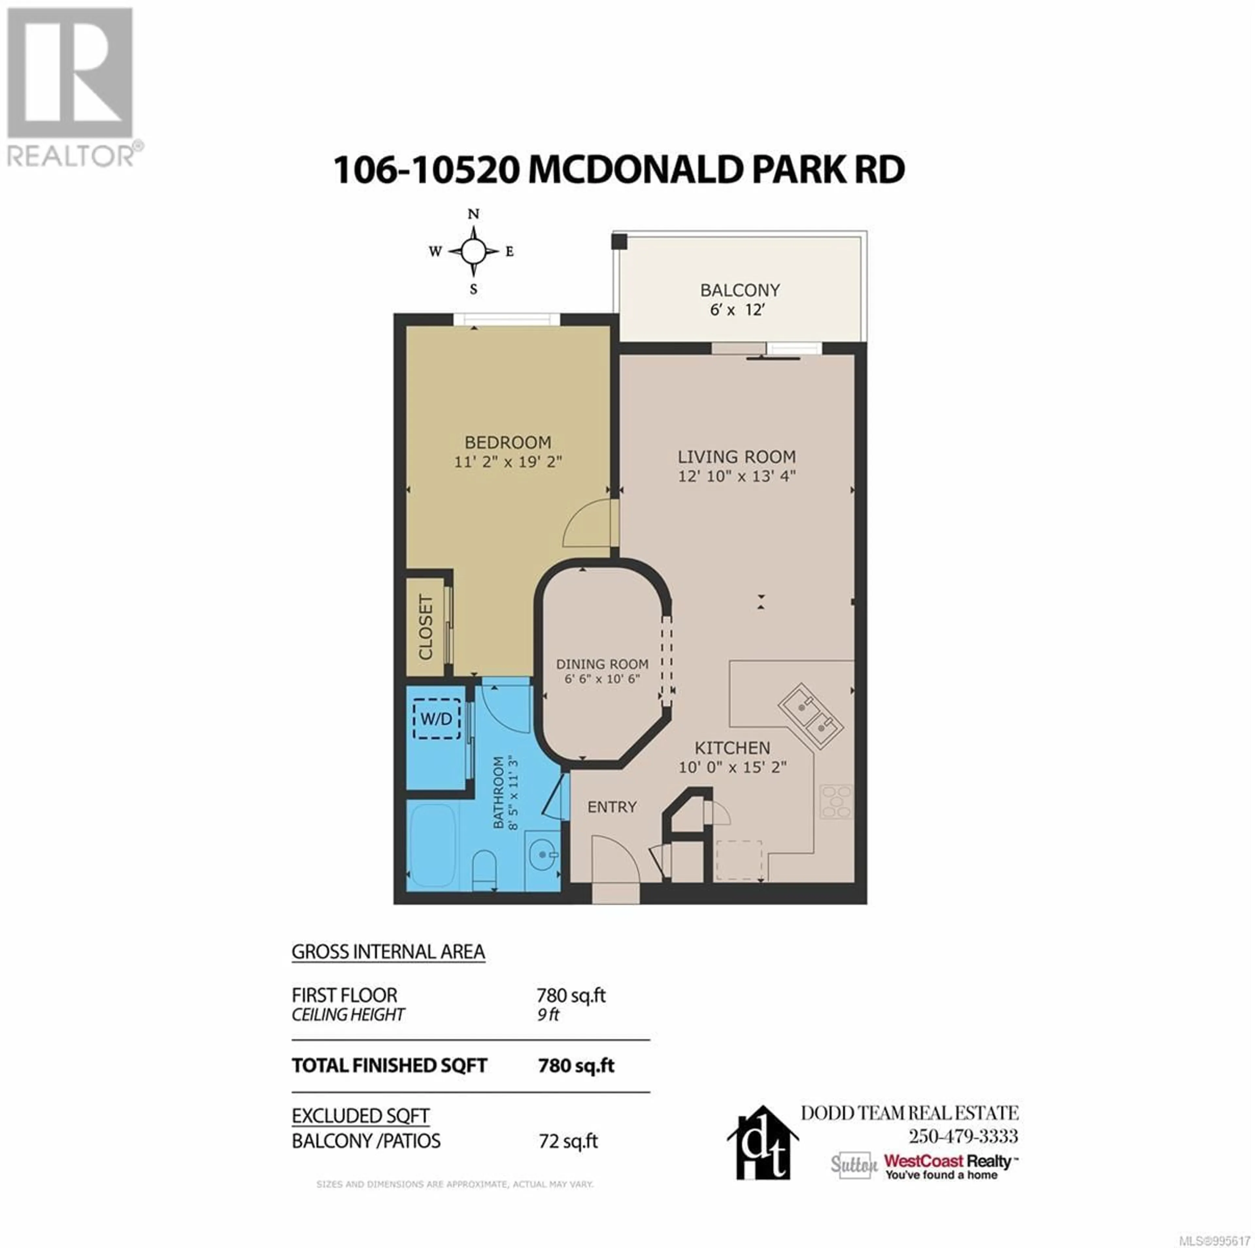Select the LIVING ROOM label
point(737,457)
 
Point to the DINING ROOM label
point(602,664)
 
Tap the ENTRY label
point(612,807)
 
